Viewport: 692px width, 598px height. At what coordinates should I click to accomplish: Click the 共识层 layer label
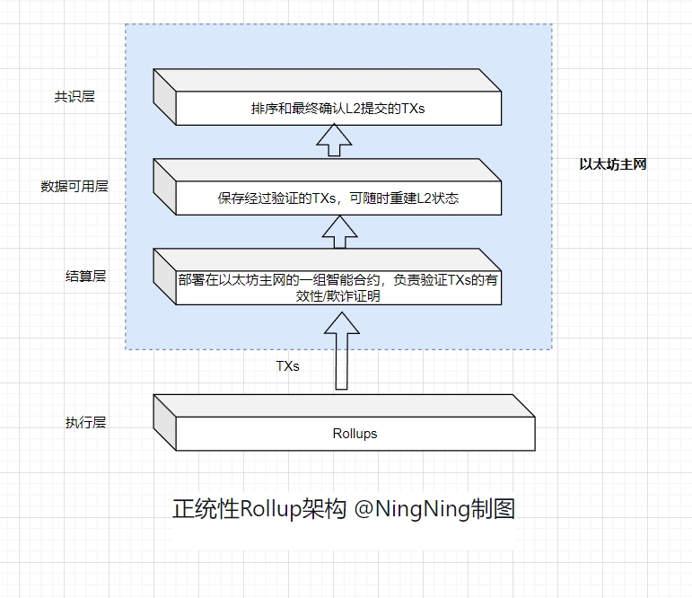click(x=74, y=97)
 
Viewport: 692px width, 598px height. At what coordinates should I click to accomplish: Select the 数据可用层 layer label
click(x=74, y=187)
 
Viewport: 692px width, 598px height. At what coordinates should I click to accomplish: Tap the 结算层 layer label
click(x=85, y=276)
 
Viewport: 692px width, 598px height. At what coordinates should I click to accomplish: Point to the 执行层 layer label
click(x=85, y=422)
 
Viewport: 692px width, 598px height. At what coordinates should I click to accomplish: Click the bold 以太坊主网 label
click(x=613, y=164)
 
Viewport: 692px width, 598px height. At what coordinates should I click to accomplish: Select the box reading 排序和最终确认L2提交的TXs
click(x=337, y=109)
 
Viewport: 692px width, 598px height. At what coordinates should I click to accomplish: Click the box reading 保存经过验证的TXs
click(x=337, y=198)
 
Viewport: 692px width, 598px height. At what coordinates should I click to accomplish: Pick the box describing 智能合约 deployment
click(x=337, y=287)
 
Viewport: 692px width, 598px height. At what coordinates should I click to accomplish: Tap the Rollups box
click(x=355, y=433)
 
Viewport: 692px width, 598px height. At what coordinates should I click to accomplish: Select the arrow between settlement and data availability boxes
click(x=338, y=233)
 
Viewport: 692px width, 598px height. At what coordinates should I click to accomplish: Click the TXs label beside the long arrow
click(x=287, y=366)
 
